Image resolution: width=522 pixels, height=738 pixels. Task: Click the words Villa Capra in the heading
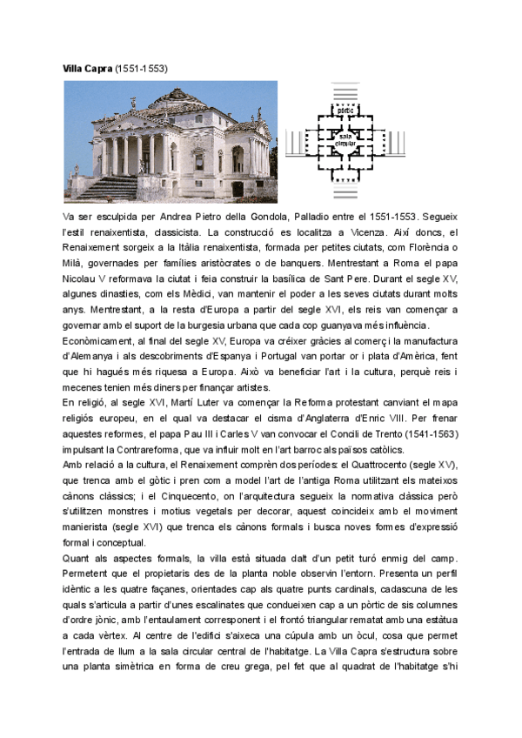point(87,68)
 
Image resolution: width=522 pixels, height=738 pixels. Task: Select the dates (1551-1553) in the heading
point(141,68)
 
